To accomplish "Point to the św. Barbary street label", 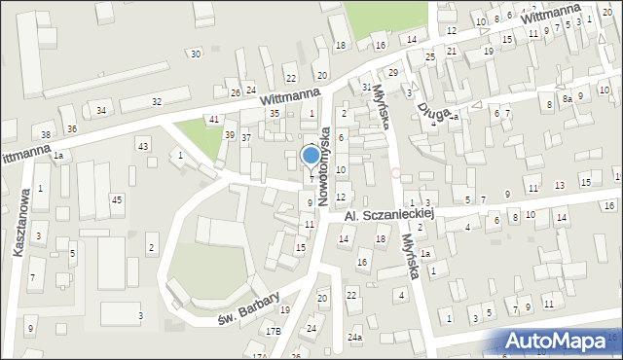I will click(x=248, y=306).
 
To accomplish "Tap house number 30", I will click(x=196, y=54).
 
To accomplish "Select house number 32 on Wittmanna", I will click(x=157, y=101).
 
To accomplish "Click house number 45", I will click(x=117, y=199).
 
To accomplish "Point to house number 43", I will click(x=143, y=146).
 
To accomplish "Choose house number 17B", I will click(x=274, y=332).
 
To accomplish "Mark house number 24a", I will click(x=356, y=338).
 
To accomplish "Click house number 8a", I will click(x=567, y=99).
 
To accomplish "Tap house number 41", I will click(x=214, y=119).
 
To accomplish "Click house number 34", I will click(x=101, y=110).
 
